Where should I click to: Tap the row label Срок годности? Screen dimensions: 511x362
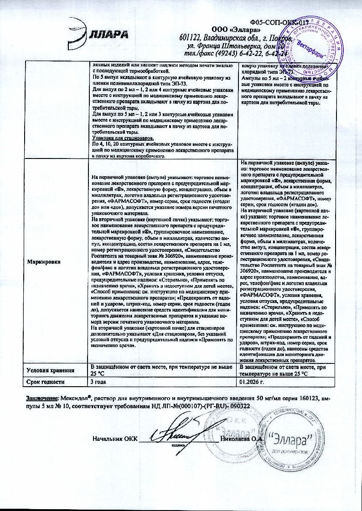46,382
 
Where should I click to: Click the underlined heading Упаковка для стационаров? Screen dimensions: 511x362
122,138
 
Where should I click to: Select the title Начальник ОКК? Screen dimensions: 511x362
114,439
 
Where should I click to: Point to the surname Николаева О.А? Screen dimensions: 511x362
240,439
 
